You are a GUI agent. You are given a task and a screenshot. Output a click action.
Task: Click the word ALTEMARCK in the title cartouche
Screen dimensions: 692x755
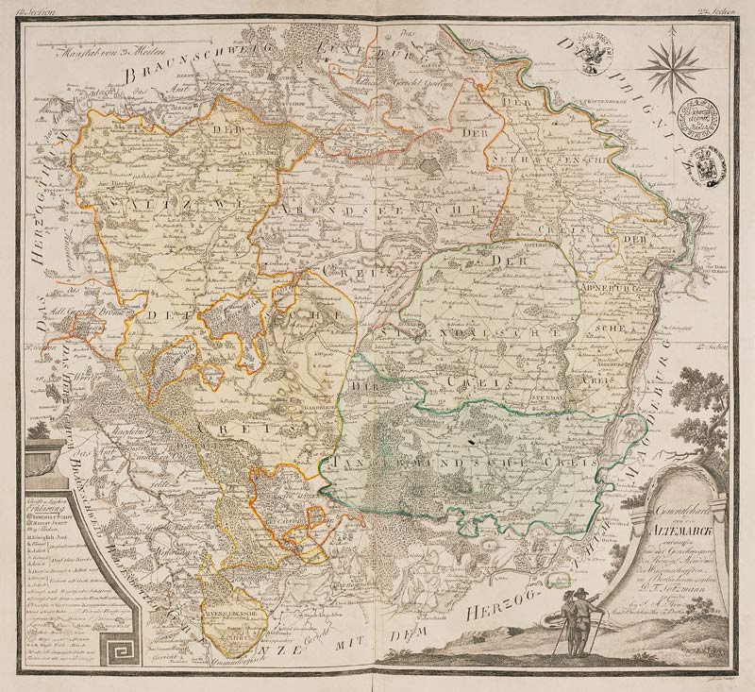pyautogui.click(x=665, y=532)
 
